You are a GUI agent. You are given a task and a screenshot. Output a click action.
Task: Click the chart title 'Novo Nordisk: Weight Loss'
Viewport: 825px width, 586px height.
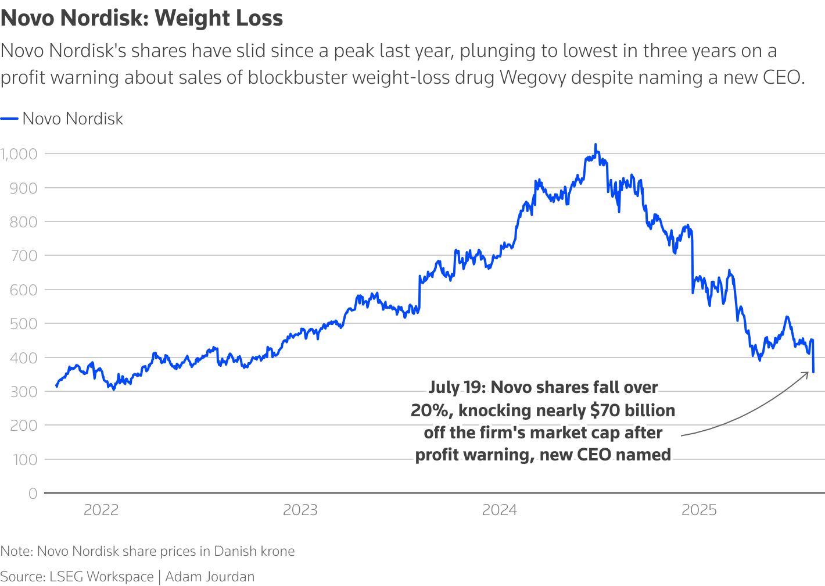[142, 18]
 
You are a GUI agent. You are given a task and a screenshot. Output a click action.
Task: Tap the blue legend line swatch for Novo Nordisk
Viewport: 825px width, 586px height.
[10, 119]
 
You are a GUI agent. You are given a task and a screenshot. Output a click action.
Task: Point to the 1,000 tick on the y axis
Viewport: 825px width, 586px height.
[19, 154]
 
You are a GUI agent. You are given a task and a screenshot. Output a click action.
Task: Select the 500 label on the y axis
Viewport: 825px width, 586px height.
[23, 323]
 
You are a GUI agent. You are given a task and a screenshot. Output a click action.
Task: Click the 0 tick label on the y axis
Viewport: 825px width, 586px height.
[33, 494]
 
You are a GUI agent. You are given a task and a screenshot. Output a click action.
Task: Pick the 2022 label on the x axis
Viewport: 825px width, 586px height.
[101, 510]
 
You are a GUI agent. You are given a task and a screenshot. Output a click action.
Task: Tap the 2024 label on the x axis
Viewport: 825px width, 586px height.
[500, 510]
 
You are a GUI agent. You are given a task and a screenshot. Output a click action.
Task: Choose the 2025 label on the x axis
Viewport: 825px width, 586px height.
[699, 510]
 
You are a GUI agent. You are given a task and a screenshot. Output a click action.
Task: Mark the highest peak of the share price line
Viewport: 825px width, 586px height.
[596, 145]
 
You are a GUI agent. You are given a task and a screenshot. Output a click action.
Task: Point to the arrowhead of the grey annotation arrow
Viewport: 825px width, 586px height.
[807, 373]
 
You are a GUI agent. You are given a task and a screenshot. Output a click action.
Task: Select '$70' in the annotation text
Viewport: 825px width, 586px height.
[604, 410]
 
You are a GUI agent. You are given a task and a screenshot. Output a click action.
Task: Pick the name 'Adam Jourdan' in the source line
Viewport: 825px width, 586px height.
[210, 577]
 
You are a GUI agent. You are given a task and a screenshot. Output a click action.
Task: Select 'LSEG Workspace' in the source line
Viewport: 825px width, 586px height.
[102, 577]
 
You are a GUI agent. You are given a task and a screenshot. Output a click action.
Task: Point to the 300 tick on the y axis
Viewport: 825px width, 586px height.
[23, 391]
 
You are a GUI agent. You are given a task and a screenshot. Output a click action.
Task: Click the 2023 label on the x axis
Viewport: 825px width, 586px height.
[300, 510]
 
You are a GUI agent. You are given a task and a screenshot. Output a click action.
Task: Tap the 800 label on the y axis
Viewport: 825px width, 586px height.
[23, 221]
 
